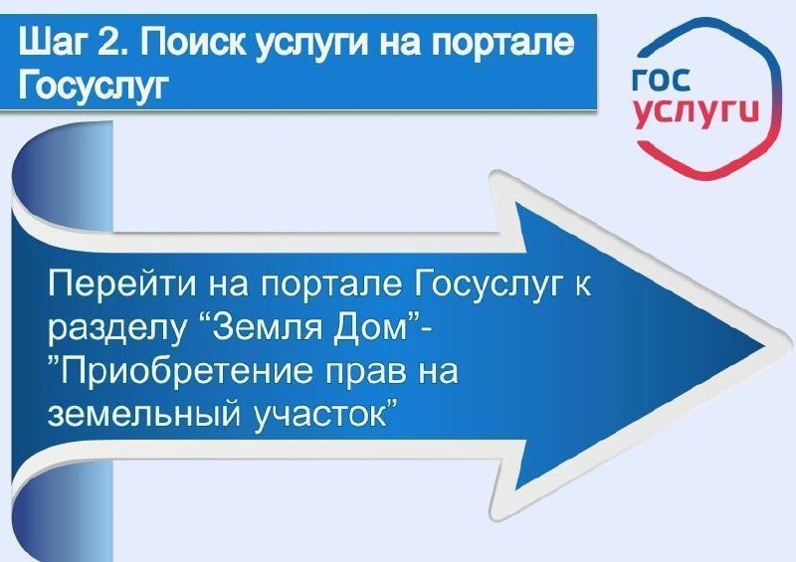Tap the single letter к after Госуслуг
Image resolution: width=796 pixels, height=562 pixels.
coord(582,288)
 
